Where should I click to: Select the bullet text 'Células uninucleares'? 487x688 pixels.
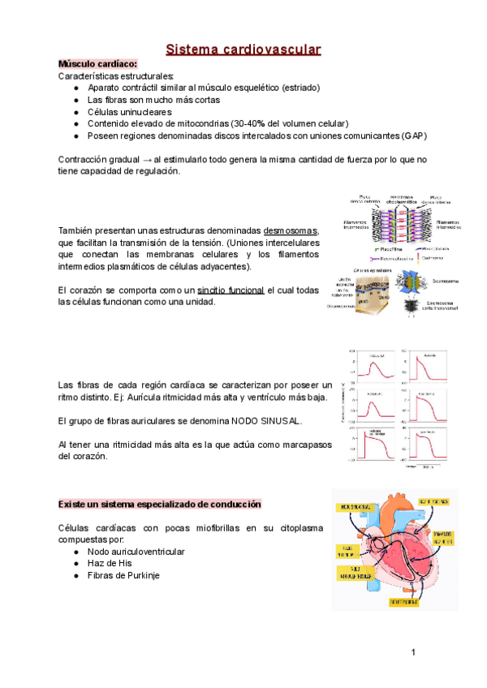pyautogui.click(x=129, y=111)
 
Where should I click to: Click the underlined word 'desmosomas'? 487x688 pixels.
pyautogui.click(x=291, y=230)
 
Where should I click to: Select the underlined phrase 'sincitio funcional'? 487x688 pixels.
pyautogui.click(x=231, y=290)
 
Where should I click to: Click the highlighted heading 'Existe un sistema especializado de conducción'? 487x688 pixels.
pyautogui.click(x=159, y=505)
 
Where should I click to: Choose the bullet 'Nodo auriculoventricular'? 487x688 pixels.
pyautogui.click(x=136, y=552)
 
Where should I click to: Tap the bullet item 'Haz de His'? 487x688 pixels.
pyautogui.click(x=110, y=563)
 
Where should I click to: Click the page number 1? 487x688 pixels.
pyautogui.click(x=413, y=652)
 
